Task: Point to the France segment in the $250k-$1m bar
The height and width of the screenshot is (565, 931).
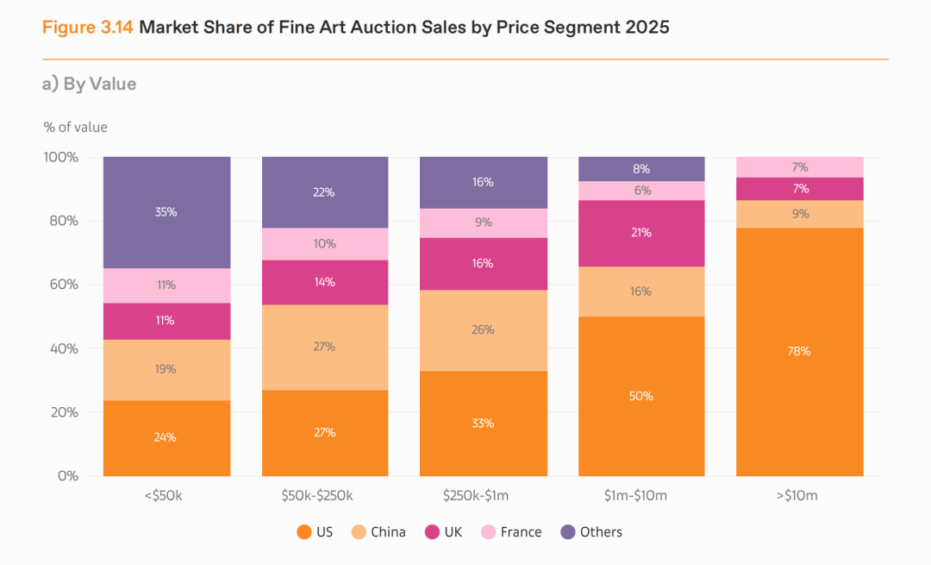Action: (x=483, y=223)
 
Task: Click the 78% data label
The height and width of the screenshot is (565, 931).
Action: (x=799, y=351)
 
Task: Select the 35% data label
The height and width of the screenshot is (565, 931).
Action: (x=166, y=211)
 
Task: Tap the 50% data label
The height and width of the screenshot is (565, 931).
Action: (x=641, y=396)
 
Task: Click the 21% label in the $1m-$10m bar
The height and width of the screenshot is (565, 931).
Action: (x=641, y=233)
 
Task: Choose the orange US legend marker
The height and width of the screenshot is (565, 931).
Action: (x=303, y=532)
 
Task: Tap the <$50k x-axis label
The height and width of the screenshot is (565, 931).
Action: (x=166, y=496)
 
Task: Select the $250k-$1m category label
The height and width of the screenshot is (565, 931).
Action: (x=483, y=496)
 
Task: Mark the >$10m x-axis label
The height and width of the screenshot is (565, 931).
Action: (x=799, y=496)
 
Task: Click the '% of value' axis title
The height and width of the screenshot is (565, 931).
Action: (x=76, y=127)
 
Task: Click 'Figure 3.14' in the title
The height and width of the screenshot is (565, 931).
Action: (x=87, y=27)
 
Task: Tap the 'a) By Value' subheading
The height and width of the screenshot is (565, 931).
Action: (x=90, y=84)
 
